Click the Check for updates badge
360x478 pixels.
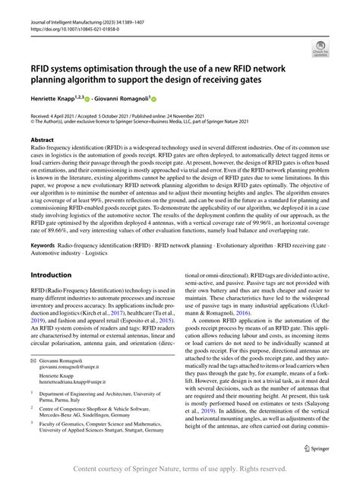click(321, 50)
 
